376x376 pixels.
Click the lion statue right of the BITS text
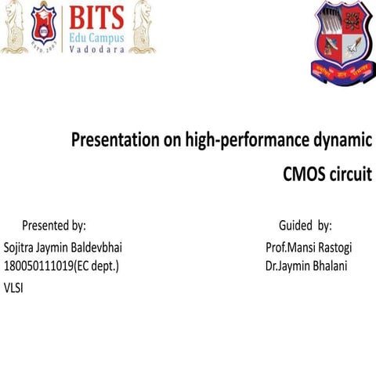pos(143,28)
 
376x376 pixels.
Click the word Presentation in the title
pos(116,142)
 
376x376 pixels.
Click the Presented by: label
pos(53,226)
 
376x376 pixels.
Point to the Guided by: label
pos(305,226)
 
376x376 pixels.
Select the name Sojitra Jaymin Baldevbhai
pos(63,248)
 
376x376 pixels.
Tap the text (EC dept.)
pos(96,266)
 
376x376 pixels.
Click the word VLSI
pos(14,287)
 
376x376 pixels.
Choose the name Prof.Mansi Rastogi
pos(309,248)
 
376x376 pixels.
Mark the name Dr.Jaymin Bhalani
pos(306,266)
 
